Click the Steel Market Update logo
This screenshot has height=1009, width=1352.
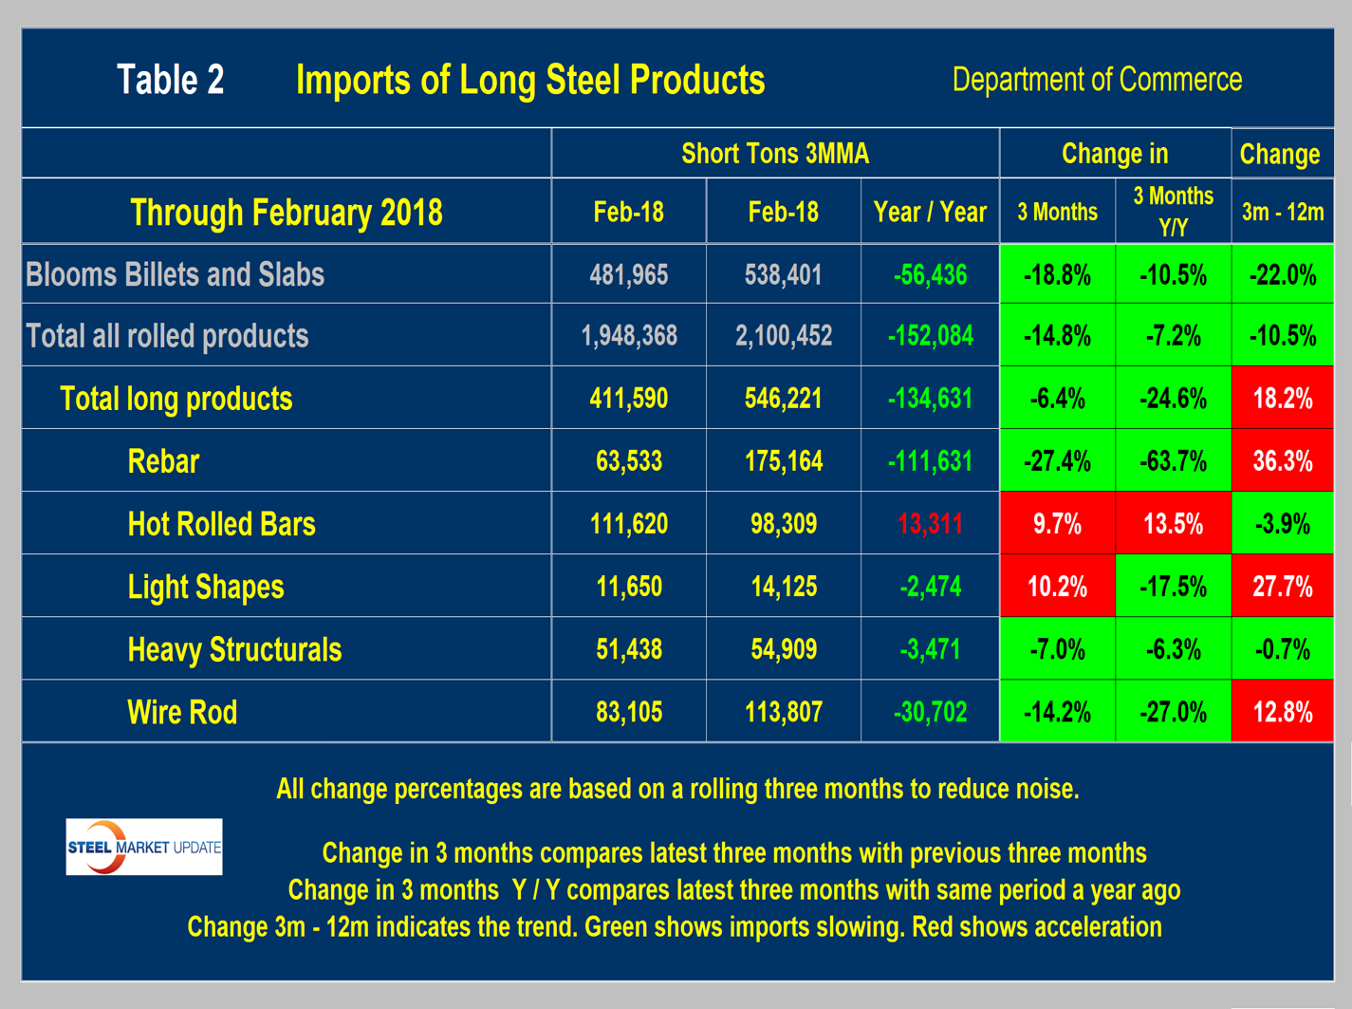[144, 847]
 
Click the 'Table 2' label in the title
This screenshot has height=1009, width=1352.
[171, 80]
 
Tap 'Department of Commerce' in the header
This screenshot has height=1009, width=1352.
[1097, 80]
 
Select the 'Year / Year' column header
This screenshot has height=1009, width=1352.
[930, 212]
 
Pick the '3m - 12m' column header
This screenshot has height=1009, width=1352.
[1282, 212]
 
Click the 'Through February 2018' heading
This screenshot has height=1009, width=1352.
[287, 212]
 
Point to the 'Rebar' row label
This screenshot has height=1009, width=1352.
[163, 461]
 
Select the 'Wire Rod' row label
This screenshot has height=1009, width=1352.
[182, 712]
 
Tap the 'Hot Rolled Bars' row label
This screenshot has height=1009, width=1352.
[221, 524]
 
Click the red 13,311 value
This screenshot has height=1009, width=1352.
[930, 524]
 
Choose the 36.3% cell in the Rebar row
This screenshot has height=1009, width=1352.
[1282, 461]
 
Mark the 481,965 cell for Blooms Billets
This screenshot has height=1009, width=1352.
[628, 275]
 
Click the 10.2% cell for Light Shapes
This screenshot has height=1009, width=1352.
[1057, 587]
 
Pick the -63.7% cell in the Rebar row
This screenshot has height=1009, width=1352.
[1173, 461]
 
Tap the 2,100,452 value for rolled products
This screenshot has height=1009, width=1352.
[783, 336]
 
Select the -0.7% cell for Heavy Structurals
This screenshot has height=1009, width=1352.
[1282, 649]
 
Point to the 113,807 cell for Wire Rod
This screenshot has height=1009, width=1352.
[783, 712]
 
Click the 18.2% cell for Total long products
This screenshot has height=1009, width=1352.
[1282, 399]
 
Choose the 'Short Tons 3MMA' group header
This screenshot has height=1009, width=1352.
[774, 154]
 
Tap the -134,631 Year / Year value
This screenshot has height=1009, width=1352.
[930, 399]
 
